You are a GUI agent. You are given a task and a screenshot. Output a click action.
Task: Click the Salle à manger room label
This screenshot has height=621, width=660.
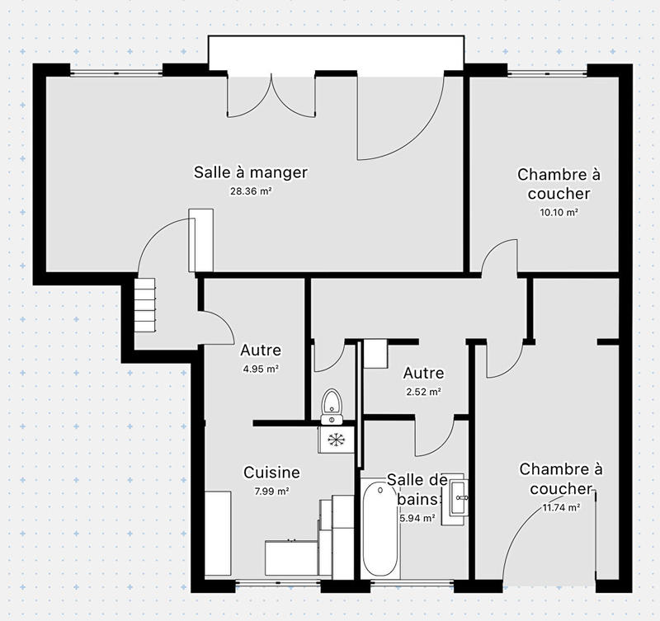(250, 172)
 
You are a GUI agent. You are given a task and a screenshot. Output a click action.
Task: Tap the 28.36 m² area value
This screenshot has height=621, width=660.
(250, 191)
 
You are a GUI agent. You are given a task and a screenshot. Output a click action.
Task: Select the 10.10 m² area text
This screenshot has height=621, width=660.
(559, 212)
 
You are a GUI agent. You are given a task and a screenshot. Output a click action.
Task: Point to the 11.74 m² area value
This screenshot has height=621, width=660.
(560, 508)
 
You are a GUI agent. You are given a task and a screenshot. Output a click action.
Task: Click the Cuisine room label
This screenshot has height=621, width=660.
(271, 473)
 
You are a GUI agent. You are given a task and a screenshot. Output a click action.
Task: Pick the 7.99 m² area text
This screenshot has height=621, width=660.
(271, 492)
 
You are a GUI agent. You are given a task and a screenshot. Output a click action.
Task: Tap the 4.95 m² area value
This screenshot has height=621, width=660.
(260, 369)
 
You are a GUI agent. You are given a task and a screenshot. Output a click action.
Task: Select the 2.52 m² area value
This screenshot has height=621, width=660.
(423, 392)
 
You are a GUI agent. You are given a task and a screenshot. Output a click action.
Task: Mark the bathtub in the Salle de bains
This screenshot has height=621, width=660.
(380, 530)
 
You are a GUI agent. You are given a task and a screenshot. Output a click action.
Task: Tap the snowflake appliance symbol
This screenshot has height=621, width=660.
(336, 440)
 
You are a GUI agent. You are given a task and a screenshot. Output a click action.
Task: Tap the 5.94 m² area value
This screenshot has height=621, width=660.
(415, 519)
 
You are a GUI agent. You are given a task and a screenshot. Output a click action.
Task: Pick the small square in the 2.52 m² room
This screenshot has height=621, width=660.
(375, 353)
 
